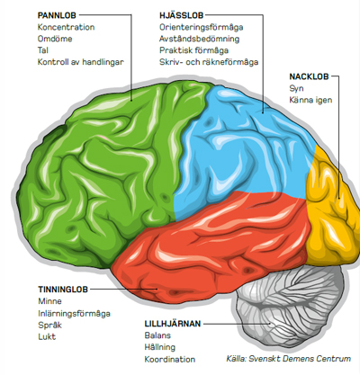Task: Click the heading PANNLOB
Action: [x=57, y=15]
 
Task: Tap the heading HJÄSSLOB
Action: [x=182, y=15]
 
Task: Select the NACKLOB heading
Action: [x=309, y=76]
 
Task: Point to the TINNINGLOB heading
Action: [x=63, y=290]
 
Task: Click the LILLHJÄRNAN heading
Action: [x=173, y=324]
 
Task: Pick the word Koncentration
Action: [x=66, y=27]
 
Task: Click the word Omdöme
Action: [x=55, y=39]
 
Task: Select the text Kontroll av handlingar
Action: [x=80, y=62]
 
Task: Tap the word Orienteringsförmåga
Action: [x=201, y=28]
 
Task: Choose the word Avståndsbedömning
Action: [x=199, y=40]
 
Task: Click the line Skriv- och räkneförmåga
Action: [x=209, y=62]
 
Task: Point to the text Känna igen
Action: [x=310, y=100]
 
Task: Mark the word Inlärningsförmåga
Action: [x=74, y=314]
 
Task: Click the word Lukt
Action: [x=47, y=337]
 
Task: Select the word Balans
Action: [x=157, y=335]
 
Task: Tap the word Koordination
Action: [x=170, y=360]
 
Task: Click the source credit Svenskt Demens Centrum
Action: [x=300, y=359]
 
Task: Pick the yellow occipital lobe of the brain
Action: [x=331, y=210]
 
